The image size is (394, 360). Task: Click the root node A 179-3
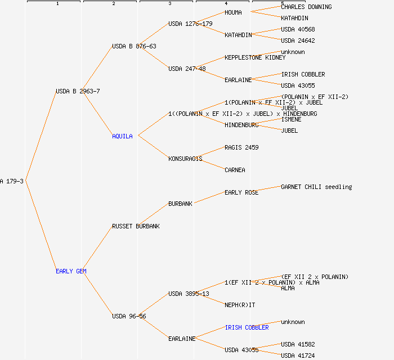tap(12, 181)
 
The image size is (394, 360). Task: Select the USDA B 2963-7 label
tap(78, 91)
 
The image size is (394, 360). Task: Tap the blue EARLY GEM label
tap(71, 271)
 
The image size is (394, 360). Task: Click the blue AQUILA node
tap(122, 136)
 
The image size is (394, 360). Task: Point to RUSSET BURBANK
tap(136, 226)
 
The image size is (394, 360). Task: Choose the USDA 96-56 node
tap(129, 316)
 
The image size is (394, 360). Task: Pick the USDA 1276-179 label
tap(190, 24)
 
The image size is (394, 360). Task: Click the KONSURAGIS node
tap(185, 159)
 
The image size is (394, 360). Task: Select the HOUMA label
tap(233, 12)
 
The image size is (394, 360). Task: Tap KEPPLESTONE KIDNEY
tap(255, 57)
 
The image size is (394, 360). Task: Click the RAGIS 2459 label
tap(241, 147)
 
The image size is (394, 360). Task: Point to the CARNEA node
tap(235, 170)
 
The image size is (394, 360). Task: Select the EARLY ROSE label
tap(241, 192)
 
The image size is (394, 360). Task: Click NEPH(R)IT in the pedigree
tap(240, 305)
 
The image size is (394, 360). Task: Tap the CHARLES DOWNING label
tap(306, 7)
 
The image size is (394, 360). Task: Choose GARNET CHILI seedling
tap(316, 187)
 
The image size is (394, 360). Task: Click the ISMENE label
tap(291, 119)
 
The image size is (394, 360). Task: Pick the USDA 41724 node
tap(298, 355)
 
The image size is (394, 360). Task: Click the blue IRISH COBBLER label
tap(247, 327)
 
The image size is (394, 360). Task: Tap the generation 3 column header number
tap(169, 4)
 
